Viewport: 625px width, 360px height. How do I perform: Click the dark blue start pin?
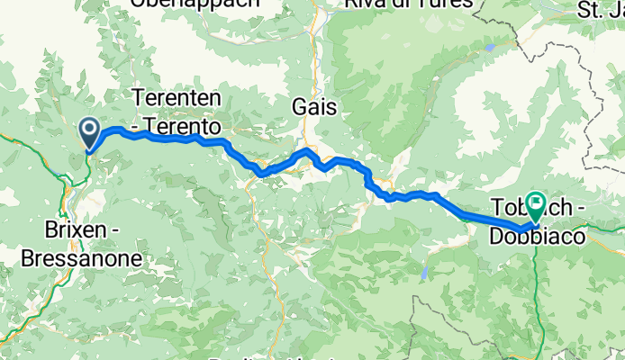(x=91, y=134)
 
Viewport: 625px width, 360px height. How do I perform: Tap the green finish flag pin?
(x=537, y=208)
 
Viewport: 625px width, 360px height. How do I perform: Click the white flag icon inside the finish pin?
(x=537, y=202)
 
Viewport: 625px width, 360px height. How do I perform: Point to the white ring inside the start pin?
(x=91, y=130)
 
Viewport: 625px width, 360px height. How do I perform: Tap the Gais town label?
(x=314, y=107)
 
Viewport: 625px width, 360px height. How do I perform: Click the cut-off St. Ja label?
(x=601, y=11)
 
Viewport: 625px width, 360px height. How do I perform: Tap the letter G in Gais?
(x=300, y=107)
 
